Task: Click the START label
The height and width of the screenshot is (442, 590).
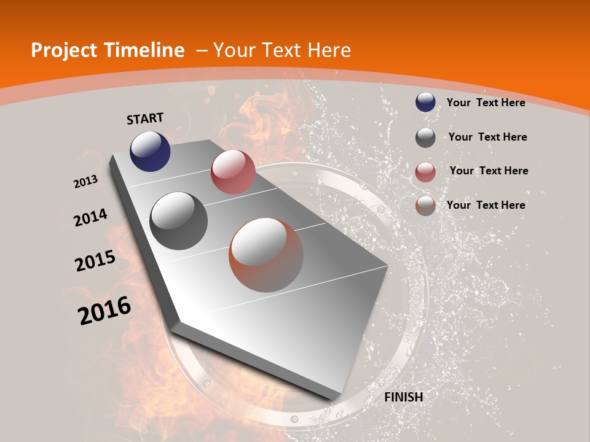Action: [145, 118]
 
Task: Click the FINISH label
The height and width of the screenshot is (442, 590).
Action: [404, 397]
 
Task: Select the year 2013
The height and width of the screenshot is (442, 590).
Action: [85, 182]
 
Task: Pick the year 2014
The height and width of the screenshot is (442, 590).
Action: [90, 217]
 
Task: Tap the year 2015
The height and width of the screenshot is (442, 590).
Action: [95, 261]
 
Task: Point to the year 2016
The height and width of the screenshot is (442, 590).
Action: [104, 311]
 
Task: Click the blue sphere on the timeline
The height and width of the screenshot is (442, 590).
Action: [150, 151]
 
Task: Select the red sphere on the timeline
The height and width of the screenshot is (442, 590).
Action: [233, 172]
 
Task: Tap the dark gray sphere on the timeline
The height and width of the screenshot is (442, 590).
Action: [179, 221]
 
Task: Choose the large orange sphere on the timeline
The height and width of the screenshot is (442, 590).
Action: [266, 255]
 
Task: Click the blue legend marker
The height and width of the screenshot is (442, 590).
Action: [425, 103]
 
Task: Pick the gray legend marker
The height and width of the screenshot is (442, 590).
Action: [425, 138]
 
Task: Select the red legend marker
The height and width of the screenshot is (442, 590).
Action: [425, 172]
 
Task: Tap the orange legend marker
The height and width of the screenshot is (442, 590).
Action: [425, 206]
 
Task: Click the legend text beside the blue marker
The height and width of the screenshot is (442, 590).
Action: [486, 103]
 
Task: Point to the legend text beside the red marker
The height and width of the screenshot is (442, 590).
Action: [489, 171]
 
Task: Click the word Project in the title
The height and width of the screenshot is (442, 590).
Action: [64, 50]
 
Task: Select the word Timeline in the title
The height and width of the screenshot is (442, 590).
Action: [149, 50]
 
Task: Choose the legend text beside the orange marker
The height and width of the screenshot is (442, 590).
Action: [486, 205]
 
